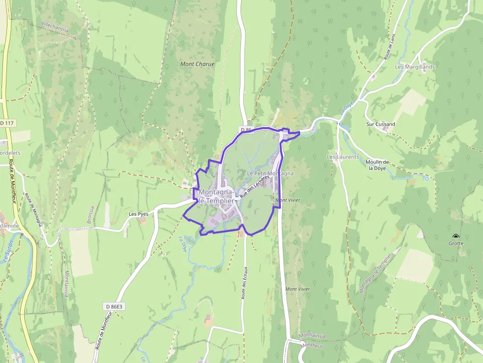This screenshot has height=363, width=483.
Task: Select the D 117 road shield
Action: pos(7,123)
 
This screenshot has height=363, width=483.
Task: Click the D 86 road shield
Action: pos(246,130)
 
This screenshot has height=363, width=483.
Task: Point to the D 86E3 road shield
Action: pos(113,306)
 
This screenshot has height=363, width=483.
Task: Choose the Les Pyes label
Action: pos(138,214)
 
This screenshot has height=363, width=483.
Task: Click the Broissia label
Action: pos(90,215)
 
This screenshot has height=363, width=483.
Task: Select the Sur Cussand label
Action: pos(380,124)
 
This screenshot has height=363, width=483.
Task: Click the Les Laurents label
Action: pos(343,157)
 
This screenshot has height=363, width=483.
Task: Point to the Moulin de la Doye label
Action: pos(378,165)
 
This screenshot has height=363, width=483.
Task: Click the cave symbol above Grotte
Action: pos(454,236)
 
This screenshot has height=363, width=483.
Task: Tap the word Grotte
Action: pos(456,243)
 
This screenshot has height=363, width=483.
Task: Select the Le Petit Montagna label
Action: pos(270,173)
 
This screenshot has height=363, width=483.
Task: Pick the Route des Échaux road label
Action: pos(243,284)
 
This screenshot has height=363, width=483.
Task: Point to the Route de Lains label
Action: pos(389,49)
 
